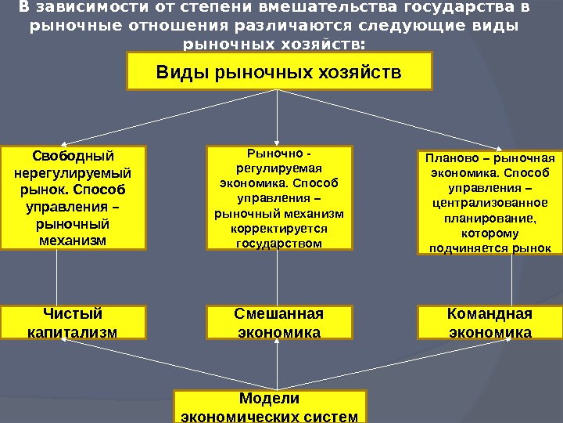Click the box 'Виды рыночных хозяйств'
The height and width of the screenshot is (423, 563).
(x=279, y=71)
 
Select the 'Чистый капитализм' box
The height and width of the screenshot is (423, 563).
(x=73, y=323)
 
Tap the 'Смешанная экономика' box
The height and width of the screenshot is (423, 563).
(x=278, y=323)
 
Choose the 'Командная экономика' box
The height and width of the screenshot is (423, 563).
(x=489, y=323)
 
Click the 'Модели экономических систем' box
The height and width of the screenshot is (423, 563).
(x=269, y=407)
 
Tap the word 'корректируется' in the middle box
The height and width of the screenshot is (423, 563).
(x=278, y=228)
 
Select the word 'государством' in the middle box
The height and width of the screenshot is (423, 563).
(x=278, y=243)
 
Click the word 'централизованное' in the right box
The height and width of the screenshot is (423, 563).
(x=489, y=203)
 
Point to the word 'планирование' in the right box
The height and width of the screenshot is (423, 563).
(x=488, y=218)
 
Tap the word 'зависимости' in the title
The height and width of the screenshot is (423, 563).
(x=76, y=9)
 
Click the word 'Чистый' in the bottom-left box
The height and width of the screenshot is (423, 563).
(x=73, y=315)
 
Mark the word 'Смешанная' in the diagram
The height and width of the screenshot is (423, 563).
(x=278, y=315)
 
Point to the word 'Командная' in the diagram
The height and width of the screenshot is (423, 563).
(x=489, y=315)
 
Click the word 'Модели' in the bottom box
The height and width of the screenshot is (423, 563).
(x=269, y=399)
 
